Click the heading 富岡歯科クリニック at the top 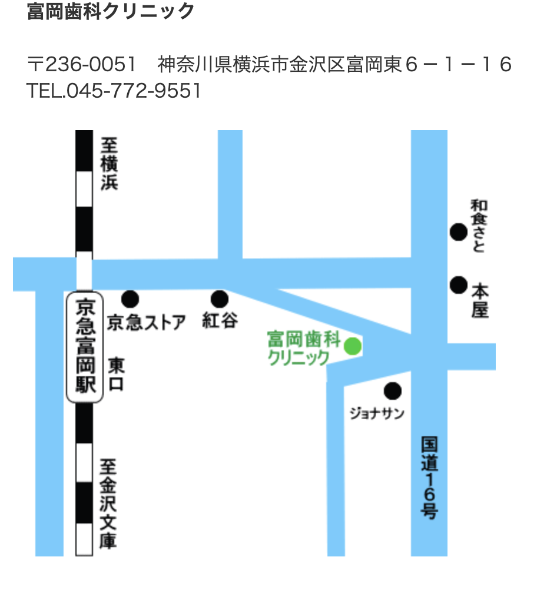(x=111, y=11)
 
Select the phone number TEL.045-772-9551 (x=114, y=91)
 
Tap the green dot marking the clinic (x=352, y=346)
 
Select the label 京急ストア (x=147, y=322)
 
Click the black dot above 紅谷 (x=220, y=299)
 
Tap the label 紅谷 (x=220, y=321)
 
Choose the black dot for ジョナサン (x=392, y=390)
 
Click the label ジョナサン (x=377, y=413)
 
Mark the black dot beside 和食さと (x=459, y=232)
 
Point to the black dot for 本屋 (x=459, y=285)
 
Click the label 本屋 (x=480, y=300)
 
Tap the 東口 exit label (x=117, y=375)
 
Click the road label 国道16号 (x=429, y=478)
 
